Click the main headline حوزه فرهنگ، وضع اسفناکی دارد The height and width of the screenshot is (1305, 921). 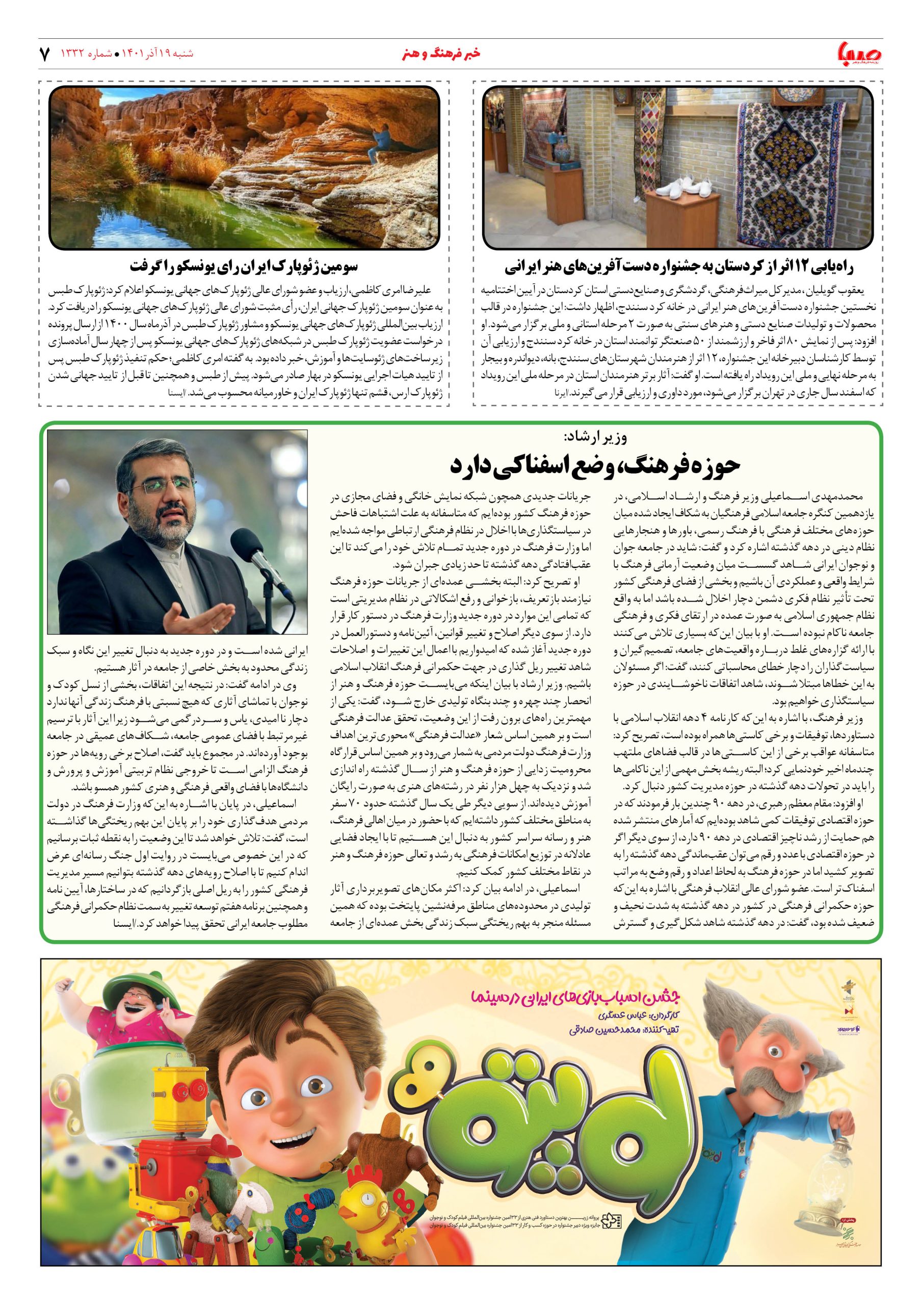595,464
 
